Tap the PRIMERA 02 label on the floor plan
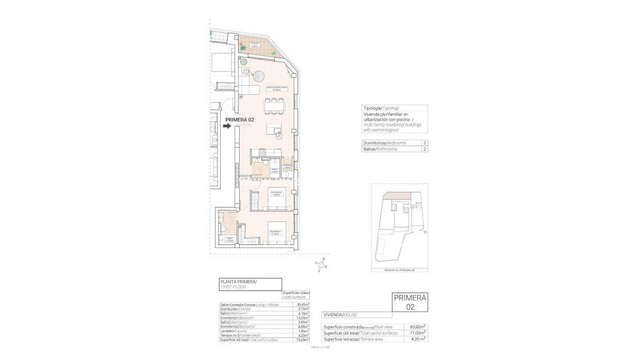click(240, 120)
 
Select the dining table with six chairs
click(274, 106)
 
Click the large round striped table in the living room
click(260, 75)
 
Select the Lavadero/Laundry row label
click(233, 331)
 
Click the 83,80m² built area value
click(417, 326)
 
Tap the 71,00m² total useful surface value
click(417, 332)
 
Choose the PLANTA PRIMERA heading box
click(250, 284)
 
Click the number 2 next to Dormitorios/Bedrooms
click(424, 142)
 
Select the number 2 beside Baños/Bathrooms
click(424, 149)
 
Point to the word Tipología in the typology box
click(373, 108)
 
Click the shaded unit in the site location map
click(397, 197)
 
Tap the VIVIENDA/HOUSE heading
click(343, 315)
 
